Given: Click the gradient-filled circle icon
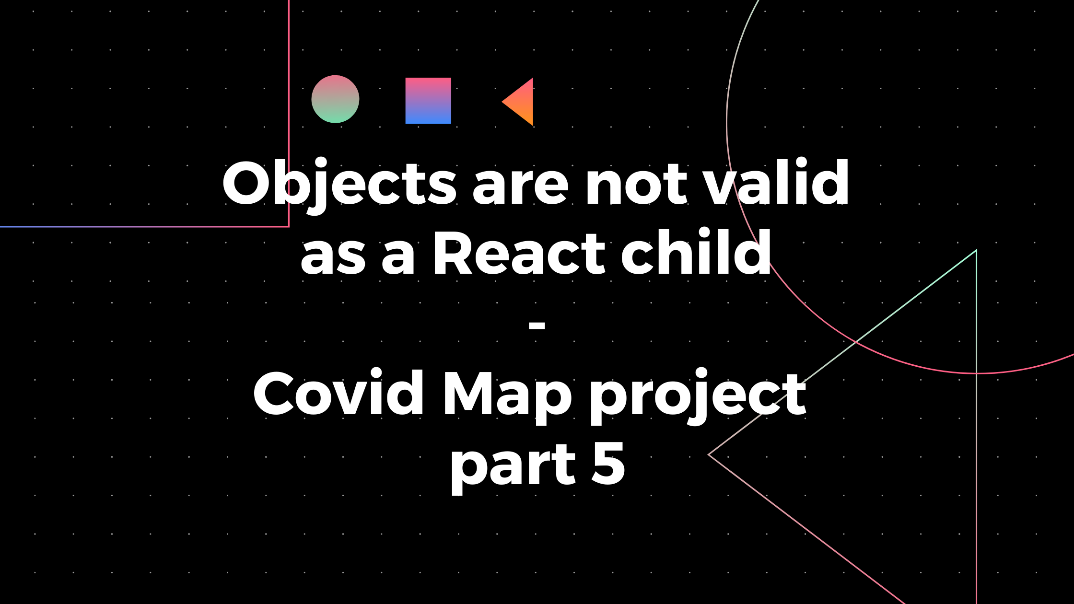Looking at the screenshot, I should [x=335, y=99].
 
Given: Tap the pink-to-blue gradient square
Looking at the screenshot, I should [x=428, y=101].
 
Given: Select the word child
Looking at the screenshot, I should [x=696, y=252].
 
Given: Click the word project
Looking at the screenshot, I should [x=698, y=396].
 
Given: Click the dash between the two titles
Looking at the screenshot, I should [x=537, y=325].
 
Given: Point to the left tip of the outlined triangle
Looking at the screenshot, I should [x=710, y=454].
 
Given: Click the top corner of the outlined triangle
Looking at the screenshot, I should [x=976, y=250].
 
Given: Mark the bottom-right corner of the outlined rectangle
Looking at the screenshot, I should [x=289, y=226].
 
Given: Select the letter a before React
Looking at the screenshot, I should [x=398, y=257].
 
